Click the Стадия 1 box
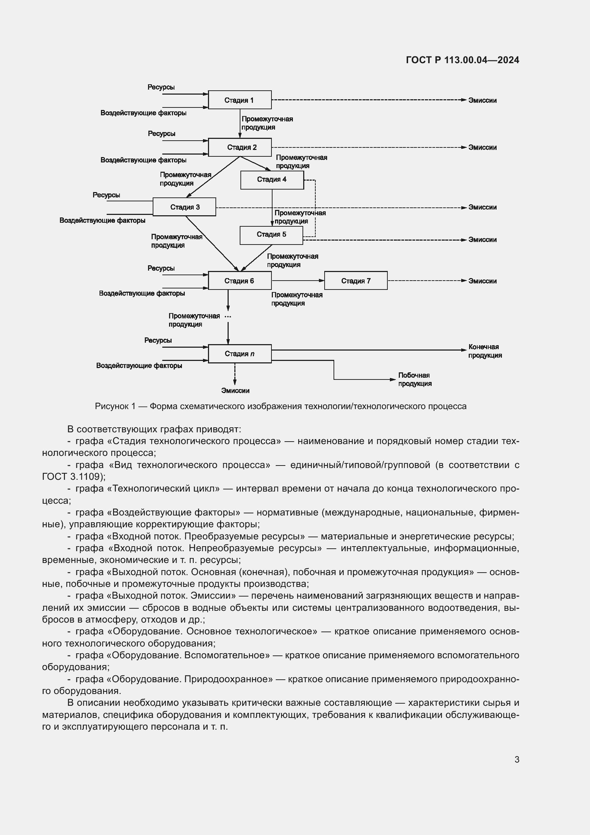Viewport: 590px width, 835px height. pos(239,100)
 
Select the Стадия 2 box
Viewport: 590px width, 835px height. pos(239,147)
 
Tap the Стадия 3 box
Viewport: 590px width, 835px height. pos(184,207)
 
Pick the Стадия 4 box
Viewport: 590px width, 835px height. pos(272,180)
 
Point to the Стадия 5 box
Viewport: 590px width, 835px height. pos(271,235)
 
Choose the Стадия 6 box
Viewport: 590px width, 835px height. pos(239,281)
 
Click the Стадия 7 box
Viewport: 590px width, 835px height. pos(356,281)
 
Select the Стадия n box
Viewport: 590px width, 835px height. pos(239,353)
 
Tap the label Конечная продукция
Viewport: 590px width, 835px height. pos(485,351)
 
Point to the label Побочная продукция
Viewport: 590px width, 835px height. pos(414,379)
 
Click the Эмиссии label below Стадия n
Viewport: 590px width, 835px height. pos(235,391)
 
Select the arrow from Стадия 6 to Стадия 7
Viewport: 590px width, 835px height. pos(297,280)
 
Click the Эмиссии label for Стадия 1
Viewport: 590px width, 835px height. pos(482,100)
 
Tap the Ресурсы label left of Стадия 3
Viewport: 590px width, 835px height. pos(106,195)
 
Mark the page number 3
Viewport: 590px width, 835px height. pos(517,759)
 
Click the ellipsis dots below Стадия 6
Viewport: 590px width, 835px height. pos(228,317)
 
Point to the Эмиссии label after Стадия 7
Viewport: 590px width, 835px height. pos(482,281)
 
